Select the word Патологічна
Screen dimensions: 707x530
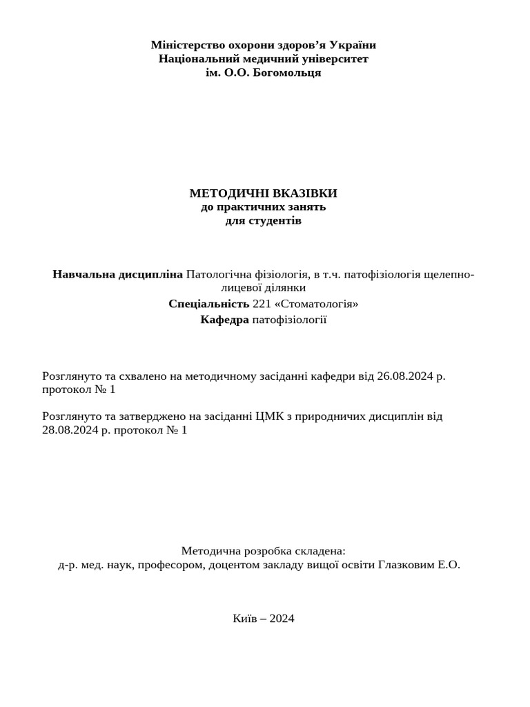tap(217, 274)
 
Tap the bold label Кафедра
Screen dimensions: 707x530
tap(224, 319)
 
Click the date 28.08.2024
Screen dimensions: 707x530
tap(68, 430)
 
